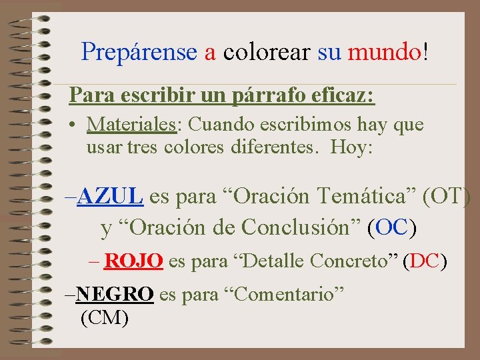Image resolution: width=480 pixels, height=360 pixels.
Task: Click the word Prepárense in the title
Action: pyautogui.click(x=139, y=51)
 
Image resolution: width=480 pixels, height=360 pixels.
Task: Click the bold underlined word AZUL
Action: pyautogui.click(x=110, y=197)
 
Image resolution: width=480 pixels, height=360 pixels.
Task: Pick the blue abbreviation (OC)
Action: pyautogui.click(x=392, y=227)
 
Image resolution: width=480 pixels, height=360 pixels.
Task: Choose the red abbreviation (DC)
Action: pyautogui.click(x=425, y=261)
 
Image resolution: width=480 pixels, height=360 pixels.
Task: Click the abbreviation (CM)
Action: pyautogui.click(x=104, y=318)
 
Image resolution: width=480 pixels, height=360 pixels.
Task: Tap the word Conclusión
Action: pyautogui.click(x=302, y=227)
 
